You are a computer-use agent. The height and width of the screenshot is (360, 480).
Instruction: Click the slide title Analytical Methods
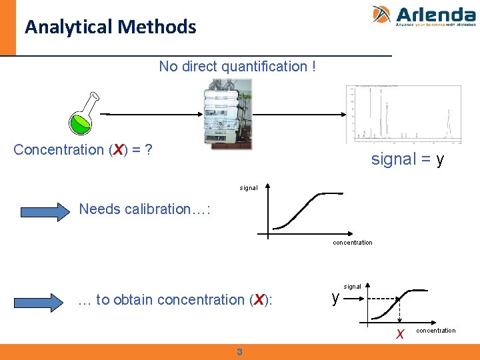111,27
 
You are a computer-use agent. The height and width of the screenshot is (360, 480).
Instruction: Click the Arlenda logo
423,16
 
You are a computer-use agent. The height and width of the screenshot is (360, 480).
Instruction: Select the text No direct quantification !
237,67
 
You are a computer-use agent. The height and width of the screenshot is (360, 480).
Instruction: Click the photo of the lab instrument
227,114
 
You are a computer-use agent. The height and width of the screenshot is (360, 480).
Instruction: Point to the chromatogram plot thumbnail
403,114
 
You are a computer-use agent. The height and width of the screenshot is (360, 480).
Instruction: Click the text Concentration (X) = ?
83,149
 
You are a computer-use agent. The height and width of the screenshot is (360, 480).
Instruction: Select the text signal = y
407,160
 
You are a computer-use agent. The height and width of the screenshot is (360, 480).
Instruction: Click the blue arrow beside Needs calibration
44,211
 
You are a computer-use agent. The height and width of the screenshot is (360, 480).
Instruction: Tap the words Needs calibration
145,209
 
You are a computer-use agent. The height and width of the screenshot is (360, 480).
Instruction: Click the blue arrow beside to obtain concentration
44,301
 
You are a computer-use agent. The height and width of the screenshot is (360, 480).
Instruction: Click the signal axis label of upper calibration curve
249,188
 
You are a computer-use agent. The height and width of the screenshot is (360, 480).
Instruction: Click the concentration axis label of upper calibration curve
352,243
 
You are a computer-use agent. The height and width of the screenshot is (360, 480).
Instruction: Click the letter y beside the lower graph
336,297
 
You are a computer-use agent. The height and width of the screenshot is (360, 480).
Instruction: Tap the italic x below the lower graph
399,335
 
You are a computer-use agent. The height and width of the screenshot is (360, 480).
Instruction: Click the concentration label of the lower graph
436,331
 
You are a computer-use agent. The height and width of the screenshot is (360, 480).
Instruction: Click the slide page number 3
239,352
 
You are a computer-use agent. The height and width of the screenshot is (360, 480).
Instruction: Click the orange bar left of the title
7,27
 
